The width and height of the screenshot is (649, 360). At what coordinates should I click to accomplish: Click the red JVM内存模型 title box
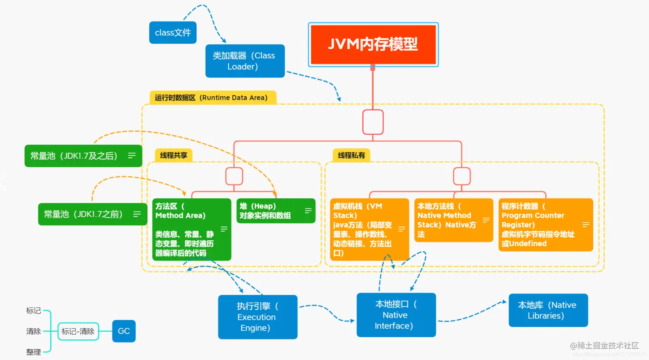pos(373,44)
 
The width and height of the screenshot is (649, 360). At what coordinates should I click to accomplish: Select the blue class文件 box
pos(173,33)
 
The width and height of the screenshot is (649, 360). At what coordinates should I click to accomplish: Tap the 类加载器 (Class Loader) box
pos(245,61)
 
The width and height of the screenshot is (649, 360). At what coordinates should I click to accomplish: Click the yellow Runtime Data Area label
pos(211,98)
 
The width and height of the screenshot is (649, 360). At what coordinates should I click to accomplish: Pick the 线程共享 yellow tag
pos(173,155)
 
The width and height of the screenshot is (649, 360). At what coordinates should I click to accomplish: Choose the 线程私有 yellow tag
pos(351,155)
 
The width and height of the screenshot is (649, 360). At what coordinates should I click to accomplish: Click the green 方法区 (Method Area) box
pos(191,230)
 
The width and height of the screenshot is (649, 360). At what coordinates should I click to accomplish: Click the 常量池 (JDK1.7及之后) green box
pos(83,156)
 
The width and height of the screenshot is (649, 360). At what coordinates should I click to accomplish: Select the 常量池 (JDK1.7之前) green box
pos(92,214)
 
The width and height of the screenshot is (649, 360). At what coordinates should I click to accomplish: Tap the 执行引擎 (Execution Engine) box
pos(258,317)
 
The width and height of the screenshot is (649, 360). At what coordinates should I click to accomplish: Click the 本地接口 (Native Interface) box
pos(396,315)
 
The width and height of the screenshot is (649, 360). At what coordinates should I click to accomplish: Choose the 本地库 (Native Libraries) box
pos(548,310)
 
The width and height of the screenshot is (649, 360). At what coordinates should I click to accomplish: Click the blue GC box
pos(124,331)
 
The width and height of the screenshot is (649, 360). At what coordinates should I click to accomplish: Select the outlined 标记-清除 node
pos(78,331)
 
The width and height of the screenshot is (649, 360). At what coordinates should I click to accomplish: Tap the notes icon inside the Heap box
pos(308,211)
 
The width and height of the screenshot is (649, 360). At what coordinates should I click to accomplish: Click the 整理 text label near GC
pos(33,352)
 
